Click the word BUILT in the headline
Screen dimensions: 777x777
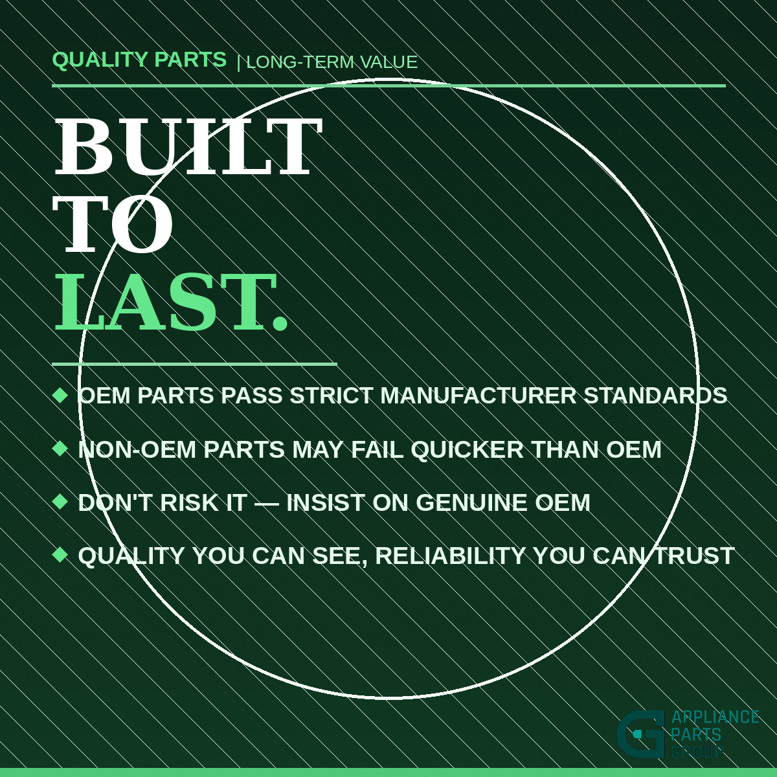pos(188,147)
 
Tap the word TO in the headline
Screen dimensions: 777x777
pos(113,225)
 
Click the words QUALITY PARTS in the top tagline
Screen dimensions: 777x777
pos(139,60)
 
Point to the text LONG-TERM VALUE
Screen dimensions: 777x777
pos(332,62)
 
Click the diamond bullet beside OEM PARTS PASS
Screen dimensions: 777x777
pos(60,395)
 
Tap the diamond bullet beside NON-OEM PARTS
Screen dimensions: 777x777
pos(60,448)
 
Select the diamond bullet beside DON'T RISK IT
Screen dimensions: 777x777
pos(60,501)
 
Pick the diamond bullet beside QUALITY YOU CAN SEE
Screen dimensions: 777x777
pos(60,554)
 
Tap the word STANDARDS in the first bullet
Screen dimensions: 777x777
pos(655,396)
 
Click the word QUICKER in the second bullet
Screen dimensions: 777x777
pos(467,449)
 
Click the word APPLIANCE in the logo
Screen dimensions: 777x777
pos(715,717)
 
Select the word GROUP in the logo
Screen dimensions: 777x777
pos(697,752)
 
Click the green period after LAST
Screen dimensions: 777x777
pos(279,322)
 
